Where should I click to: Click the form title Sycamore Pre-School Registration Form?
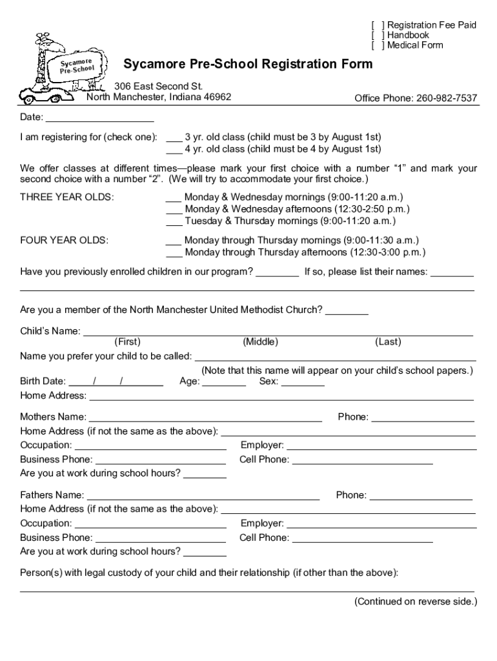[248, 64]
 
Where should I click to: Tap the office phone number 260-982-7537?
[447, 98]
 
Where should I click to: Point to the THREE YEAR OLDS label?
[67, 197]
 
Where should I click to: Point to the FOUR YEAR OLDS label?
[64, 240]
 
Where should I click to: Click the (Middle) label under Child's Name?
[260, 342]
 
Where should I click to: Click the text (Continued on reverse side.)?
[415, 602]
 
